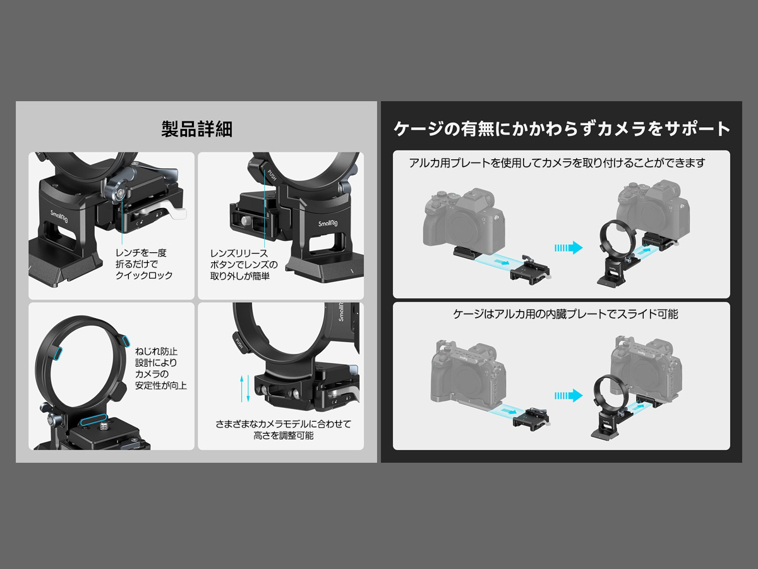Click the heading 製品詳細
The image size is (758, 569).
[197, 129]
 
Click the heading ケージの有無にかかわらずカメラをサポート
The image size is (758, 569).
[562, 128]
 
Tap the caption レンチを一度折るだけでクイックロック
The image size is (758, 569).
[144, 264]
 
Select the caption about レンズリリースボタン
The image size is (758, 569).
[244, 265]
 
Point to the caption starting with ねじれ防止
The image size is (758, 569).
[160, 369]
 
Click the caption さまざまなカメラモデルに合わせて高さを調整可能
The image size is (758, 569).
[283, 429]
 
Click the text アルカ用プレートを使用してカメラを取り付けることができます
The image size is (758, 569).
[556, 162]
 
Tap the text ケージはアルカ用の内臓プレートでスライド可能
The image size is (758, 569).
[565, 314]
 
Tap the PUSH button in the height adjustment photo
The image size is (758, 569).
[239, 343]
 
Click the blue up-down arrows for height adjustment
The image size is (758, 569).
[245, 388]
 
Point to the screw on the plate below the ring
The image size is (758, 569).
[102, 428]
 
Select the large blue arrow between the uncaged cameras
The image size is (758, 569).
[568, 248]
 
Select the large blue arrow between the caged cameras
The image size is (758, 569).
[568, 396]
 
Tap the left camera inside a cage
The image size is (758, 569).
[469, 373]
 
